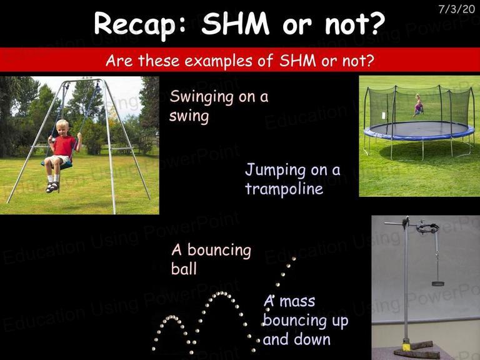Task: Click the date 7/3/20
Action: tap(456, 9)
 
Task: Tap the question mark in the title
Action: tap(374, 23)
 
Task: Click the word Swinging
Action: tap(202, 97)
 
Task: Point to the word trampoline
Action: tap(284, 188)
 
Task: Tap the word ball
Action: tap(184, 269)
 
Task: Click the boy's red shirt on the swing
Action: tap(64, 146)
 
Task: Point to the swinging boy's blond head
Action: tap(62, 127)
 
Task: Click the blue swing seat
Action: tap(58, 165)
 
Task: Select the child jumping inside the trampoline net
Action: tap(418, 105)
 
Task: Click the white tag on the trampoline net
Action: tap(384, 116)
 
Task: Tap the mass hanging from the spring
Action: tap(437, 284)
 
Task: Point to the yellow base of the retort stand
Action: tap(406, 347)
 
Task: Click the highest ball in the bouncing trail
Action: tap(294, 259)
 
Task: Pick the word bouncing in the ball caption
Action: tap(219, 251)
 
